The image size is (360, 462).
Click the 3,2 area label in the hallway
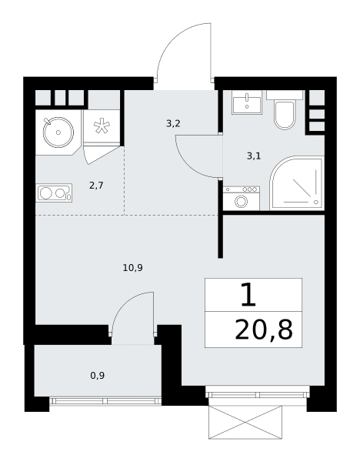[173, 124]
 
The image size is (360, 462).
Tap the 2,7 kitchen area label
[96, 186]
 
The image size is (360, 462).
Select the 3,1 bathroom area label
[254, 156]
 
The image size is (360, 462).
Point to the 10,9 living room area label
[133, 268]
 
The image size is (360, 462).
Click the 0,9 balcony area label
[98, 376]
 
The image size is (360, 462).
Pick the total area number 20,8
[264, 330]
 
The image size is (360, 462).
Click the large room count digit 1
[248, 295]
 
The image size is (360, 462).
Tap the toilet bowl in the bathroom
[285, 115]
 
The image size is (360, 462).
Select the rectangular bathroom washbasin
[247, 102]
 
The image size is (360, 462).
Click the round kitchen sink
[58, 132]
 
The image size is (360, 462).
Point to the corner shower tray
[297, 183]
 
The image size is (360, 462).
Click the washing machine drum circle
[242, 202]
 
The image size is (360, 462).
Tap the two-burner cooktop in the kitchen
[54, 193]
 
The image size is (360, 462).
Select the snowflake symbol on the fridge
[102, 126]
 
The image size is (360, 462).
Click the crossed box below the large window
[245, 422]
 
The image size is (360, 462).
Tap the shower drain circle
[316, 202]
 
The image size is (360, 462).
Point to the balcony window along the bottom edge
[105, 400]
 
